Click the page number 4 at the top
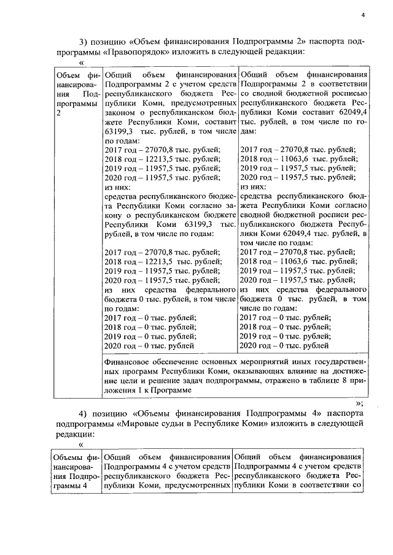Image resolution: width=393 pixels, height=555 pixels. [363, 15]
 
